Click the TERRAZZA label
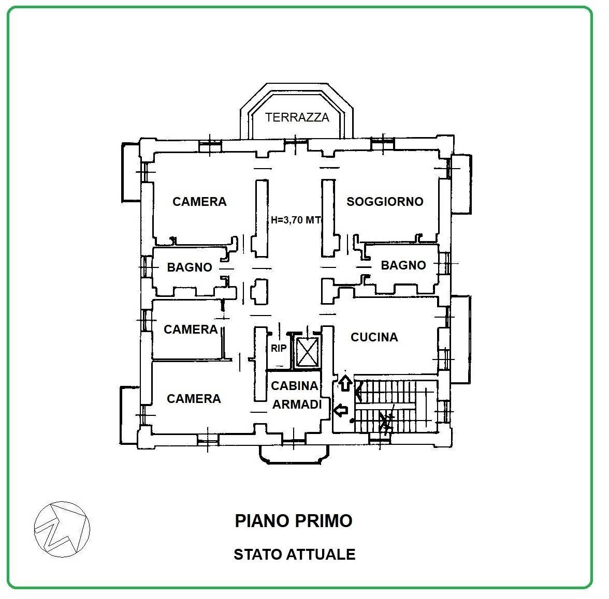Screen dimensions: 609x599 coord(297,117)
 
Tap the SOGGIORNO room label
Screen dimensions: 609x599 coord(385,202)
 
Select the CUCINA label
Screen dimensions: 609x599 coord(374,337)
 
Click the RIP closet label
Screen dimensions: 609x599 coord(279,349)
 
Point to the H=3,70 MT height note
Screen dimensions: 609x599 coord(296,220)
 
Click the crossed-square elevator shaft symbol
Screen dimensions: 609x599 coord(307,352)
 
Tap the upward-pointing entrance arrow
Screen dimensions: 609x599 coord(345,383)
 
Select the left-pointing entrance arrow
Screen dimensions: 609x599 coord(341,410)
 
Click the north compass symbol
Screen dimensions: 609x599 coord(62,529)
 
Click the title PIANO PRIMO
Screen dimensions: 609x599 coord(294,520)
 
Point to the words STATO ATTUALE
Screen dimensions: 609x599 coord(294,555)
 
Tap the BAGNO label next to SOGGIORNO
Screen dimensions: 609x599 coord(403,265)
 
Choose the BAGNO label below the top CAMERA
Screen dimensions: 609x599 coord(190,267)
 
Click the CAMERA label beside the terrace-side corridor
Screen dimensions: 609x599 coord(200,202)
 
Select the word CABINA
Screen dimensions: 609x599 coord(294,386)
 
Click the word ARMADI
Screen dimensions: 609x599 coord(297,405)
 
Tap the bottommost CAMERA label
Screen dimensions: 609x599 coord(194,398)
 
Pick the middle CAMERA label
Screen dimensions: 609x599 coord(191,330)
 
